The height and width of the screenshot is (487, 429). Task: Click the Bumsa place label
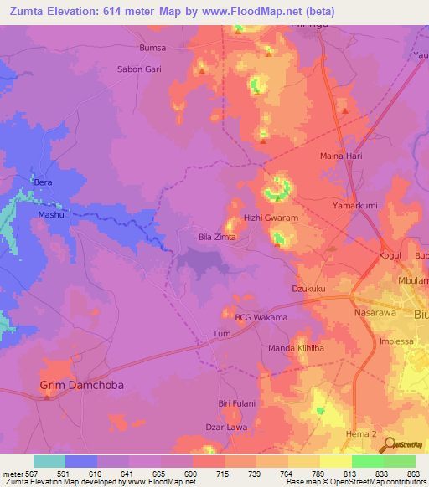point(152,48)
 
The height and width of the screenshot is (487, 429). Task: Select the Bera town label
point(42,182)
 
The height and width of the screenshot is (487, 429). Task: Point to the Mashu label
point(51,214)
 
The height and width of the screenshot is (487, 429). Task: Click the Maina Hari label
point(340,156)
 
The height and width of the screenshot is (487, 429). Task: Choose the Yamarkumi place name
point(355,202)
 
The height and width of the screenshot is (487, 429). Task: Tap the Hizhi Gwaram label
point(271,218)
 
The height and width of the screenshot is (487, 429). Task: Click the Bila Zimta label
point(217,238)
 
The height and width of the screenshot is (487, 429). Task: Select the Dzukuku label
point(308,289)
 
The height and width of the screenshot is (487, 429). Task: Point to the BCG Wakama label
point(261,318)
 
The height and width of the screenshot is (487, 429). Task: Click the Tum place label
point(222,333)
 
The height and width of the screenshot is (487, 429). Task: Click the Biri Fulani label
point(236,402)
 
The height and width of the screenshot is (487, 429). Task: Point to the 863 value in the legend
point(414,474)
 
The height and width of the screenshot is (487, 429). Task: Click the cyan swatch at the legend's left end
point(49,461)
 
